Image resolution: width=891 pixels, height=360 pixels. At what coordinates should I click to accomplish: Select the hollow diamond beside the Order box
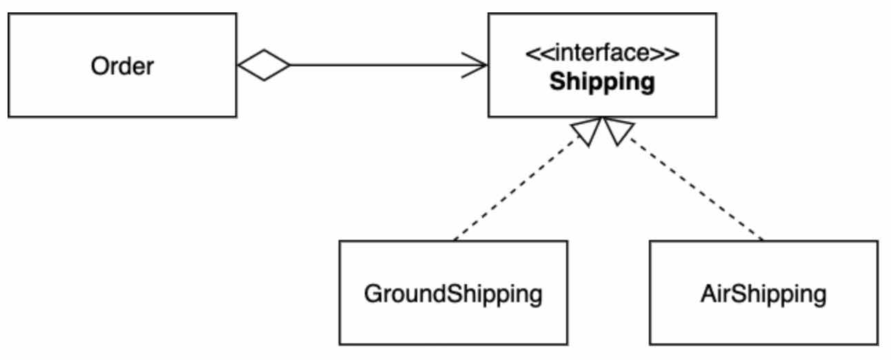coord(263,66)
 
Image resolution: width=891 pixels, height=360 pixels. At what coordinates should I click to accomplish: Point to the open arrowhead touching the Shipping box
coord(479,66)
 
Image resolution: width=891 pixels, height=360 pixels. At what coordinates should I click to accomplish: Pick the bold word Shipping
coord(601,82)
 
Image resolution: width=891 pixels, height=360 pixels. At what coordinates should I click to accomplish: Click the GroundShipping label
coord(453,294)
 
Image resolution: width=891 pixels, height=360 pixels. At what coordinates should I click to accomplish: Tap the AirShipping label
coord(763,294)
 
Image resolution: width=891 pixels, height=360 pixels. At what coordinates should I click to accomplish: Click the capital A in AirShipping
coord(708,294)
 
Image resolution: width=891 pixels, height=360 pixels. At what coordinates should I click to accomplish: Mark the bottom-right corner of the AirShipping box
coord(878,343)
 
